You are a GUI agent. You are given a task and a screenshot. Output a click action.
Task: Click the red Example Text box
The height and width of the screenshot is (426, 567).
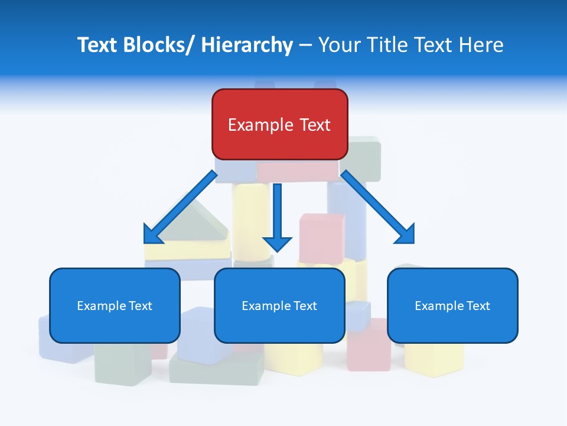[279, 124]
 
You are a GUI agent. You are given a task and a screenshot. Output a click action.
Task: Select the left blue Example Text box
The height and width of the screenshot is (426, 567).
[115, 305]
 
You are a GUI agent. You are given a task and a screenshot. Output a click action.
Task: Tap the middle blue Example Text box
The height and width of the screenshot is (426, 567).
[279, 305]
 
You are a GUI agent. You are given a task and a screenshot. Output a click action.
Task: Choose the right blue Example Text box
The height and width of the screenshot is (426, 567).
[452, 305]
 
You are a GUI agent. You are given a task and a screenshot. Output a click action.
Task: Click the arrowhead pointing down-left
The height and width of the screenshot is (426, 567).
[153, 234]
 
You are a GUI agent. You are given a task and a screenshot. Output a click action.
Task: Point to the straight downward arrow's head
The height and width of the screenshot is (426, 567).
[277, 243]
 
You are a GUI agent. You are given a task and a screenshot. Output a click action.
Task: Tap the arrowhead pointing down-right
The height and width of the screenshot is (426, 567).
[406, 234]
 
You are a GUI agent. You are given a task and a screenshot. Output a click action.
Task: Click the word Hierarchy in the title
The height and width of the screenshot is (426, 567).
[247, 45]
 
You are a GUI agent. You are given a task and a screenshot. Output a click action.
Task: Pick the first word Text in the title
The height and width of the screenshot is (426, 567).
[97, 45]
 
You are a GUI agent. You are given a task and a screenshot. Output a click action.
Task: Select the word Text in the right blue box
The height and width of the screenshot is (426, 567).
[477, 306]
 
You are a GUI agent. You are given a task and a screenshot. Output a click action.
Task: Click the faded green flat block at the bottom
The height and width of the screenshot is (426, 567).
[216, 370]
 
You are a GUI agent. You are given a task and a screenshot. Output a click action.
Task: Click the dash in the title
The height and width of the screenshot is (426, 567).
[305, 46]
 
